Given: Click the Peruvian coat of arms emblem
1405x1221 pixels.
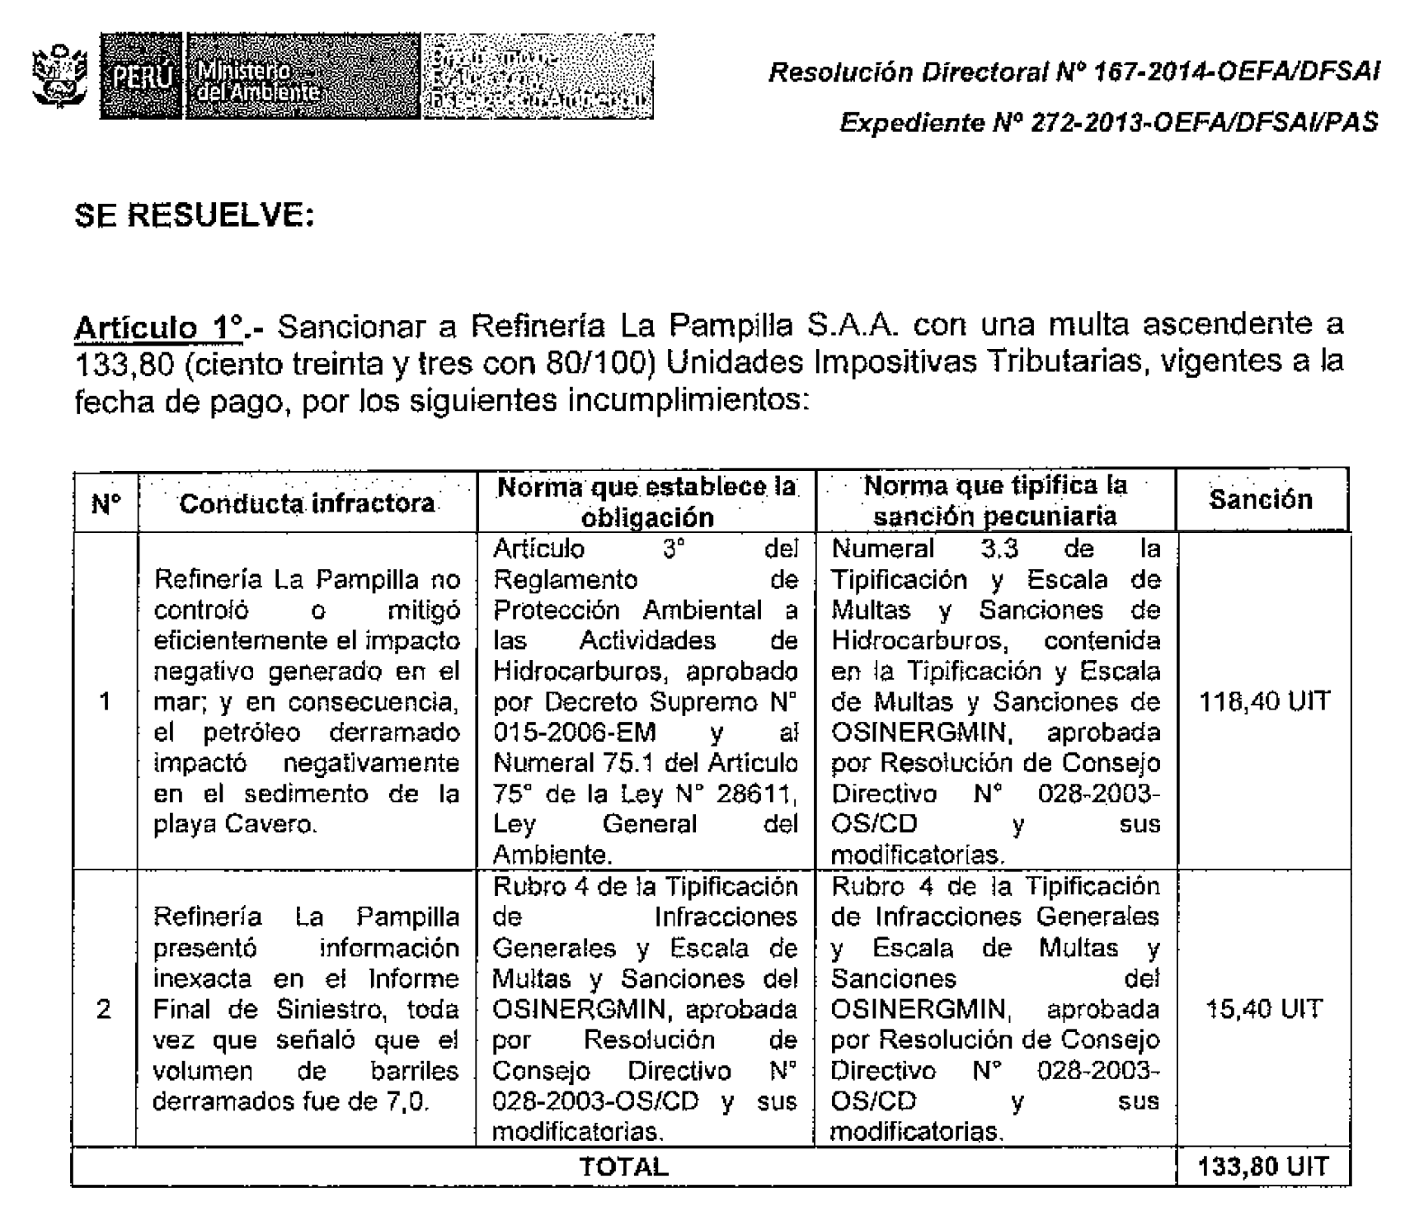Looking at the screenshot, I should [x=59, y=77].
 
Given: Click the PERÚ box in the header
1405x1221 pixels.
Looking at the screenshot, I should [x=141, y=78].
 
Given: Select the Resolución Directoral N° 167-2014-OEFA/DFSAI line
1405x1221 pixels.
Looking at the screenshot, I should [x=1073, y=73].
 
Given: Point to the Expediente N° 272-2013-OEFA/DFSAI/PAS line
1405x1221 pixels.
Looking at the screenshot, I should [x=1108, y=123].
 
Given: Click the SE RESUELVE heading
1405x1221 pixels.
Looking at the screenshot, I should [x=195, y=216].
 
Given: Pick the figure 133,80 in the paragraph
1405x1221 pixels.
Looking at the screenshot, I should [x=122, y=365].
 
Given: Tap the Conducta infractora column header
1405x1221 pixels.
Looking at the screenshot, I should [x=307, y=503].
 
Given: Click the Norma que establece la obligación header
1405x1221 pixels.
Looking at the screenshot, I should [x=646, y=502].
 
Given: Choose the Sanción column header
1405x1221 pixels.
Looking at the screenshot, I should [x=1261, y=500].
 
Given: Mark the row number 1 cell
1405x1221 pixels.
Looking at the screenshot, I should [x=105, y=701].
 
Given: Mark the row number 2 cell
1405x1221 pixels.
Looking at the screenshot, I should [x=105, y=1009].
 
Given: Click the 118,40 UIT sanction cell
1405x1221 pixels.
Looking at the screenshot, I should [x=1264, y=701].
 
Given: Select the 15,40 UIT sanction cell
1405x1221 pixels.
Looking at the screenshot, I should [x=1264, y=1009].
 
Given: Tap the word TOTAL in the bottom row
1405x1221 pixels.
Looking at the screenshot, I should [x=623, y=1167].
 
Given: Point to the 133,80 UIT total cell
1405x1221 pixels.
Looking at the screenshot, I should [x=1264, y=1167].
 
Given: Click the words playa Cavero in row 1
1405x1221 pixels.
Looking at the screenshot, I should [x=235, y=824].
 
